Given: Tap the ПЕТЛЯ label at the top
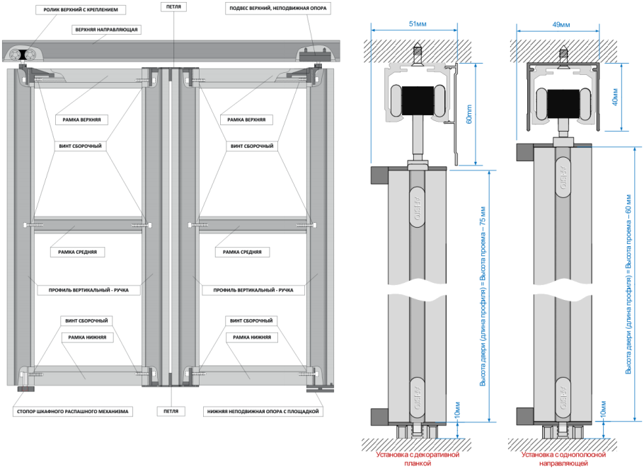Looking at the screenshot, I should (x=173, y=6).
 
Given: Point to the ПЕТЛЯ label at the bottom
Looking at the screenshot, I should (x=170, y=411).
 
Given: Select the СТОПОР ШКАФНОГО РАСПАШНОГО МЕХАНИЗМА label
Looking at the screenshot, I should (x=74, y=411).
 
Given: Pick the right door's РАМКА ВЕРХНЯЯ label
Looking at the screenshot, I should (x=246, y=120).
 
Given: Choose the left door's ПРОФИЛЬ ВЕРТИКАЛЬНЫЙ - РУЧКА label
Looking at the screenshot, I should (x=88, y=290).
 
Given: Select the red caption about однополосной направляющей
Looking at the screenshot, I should (x=560, y=461).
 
